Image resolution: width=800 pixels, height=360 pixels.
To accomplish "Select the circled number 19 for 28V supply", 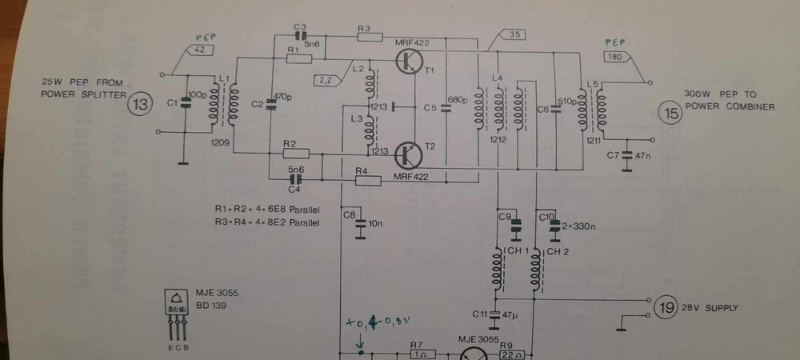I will tap(666, 306).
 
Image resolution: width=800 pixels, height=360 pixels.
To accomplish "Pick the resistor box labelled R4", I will tap(368, 180).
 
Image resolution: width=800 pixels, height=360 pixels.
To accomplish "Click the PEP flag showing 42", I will tap(198, 49).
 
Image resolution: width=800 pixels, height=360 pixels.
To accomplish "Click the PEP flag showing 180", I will tap(616, 57).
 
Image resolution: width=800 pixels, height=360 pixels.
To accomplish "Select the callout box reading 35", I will tap(513, 34).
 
